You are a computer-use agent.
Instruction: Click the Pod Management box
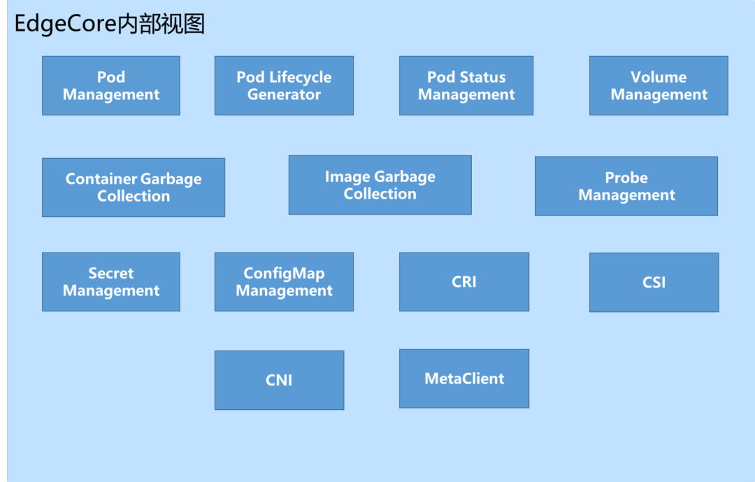point(110,85)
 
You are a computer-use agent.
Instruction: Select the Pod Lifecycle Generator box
point(284,85)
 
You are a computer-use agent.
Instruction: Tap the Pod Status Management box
point(466,85)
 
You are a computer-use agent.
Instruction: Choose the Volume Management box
point(658,85)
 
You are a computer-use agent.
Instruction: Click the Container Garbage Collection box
point(133,187)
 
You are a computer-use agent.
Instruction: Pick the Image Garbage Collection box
point(380,185)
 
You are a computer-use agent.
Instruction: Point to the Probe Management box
point(626,186)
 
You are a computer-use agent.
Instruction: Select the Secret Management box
point(110,281)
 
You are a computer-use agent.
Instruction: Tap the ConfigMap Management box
point(284,281)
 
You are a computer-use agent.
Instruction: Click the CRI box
point(463,281)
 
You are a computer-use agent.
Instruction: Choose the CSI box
point(654,282)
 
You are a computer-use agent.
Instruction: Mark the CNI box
point(279,380)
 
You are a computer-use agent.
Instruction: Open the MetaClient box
point(463,378)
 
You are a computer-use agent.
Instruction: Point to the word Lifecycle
point(301,77)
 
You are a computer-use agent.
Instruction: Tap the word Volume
point(658,77)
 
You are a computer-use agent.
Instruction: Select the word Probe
point(626,178)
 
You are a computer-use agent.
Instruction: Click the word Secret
point(110,273)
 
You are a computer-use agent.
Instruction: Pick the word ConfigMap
point(284,273)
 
